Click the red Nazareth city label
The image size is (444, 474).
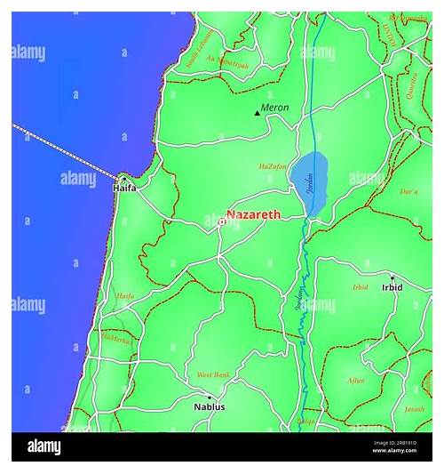pyautogui.click(x=254, y=214)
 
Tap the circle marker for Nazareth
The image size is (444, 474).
pyautogui.click(x=221, y=222)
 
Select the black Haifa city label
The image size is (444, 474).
pyautogui.click(x=124, y=189)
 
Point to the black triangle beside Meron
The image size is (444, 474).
pyautogui.click(x=257, y=113)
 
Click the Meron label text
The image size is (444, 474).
pyautogui.click(x=274, y=108)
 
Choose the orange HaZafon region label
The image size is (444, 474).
pyautogui.click(x=273, y=166)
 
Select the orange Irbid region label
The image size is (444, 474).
pyautogui.click(x=361, y=287)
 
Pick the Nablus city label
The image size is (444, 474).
pyautogui.click(x=210, y=406)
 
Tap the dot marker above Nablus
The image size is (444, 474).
pyautogui.click(x=210, y=397)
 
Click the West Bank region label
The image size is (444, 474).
pyautogui.click(x=213, y=375)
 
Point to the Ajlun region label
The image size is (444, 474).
pyautogui.click(x=355, y=380)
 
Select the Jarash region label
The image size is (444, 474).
pyautogui.click(x=415, y=409)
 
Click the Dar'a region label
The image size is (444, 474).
pyautogui.click(x=409, y=191)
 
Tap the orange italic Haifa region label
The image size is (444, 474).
pyautogui.click(x=125, y=295)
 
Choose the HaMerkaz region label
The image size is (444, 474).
pyautogui.click(x=116, y=338)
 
